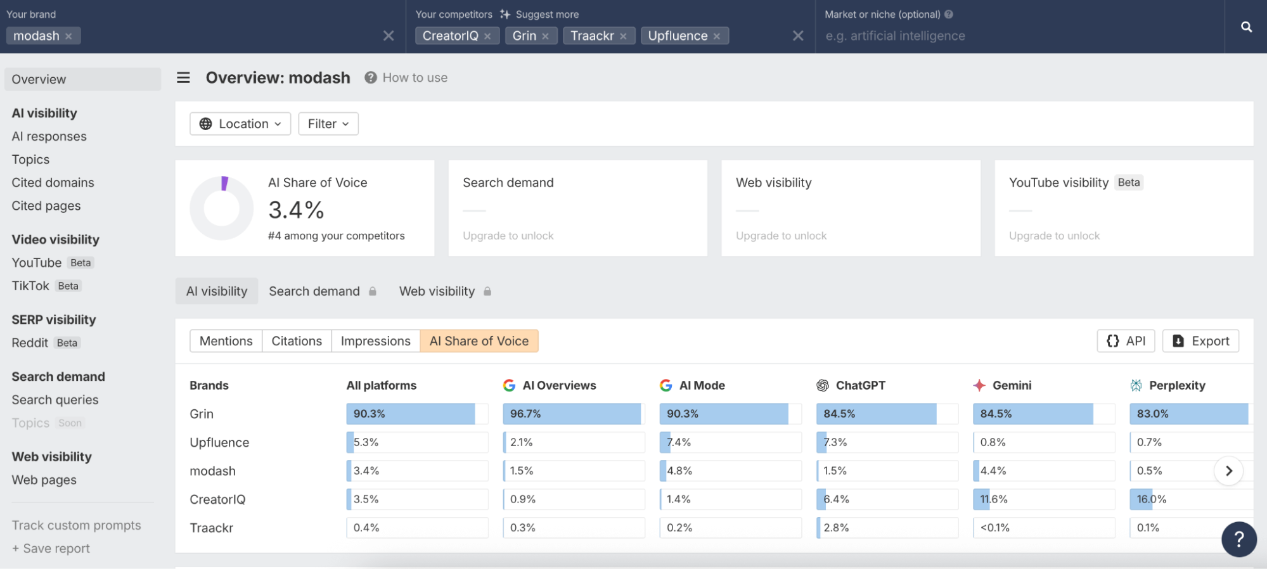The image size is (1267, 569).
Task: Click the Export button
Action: [1200, 341]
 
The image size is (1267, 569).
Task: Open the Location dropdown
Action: [240, 124]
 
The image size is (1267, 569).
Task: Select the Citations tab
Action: [297, 341]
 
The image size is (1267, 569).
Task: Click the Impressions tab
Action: [375, 341]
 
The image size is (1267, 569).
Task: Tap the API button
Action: [1126, 341]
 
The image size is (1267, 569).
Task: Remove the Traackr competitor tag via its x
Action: [623, 36]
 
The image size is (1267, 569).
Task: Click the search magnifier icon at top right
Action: [1246, 27]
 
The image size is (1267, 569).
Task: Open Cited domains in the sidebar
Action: [53, 182]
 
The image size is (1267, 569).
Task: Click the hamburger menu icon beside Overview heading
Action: [183, 77]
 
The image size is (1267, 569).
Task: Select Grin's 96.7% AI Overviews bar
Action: [573, 414]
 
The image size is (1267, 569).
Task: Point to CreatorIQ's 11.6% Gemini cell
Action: [1043, 499]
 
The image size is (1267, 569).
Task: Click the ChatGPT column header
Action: [859, 385]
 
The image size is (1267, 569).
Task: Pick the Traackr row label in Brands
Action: [211, 528]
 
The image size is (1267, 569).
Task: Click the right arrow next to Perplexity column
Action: [1228, 471]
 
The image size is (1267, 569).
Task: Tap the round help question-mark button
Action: [1238, 539]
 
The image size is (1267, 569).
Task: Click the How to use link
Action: [415, 77]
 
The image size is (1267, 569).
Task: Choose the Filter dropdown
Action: [328, 124]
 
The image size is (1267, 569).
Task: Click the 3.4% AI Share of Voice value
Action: [296, 210]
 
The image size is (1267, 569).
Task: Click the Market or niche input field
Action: [1014, 36]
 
